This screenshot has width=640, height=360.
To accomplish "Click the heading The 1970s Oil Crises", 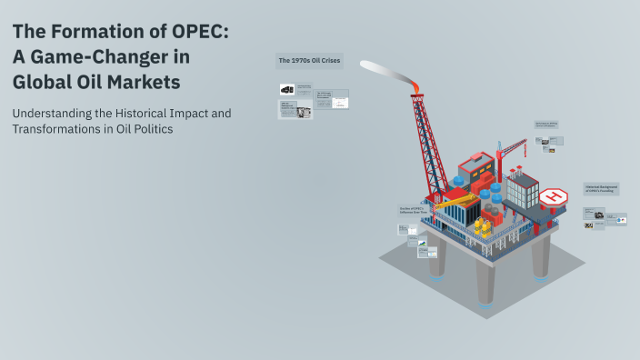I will pos(309,61).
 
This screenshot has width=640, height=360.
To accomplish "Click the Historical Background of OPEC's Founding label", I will pos(601,188).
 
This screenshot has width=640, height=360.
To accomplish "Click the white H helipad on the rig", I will pos(553,196).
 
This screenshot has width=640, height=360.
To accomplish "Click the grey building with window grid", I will pos(523,190).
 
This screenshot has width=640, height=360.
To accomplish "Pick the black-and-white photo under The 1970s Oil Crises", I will pos(286,89).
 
